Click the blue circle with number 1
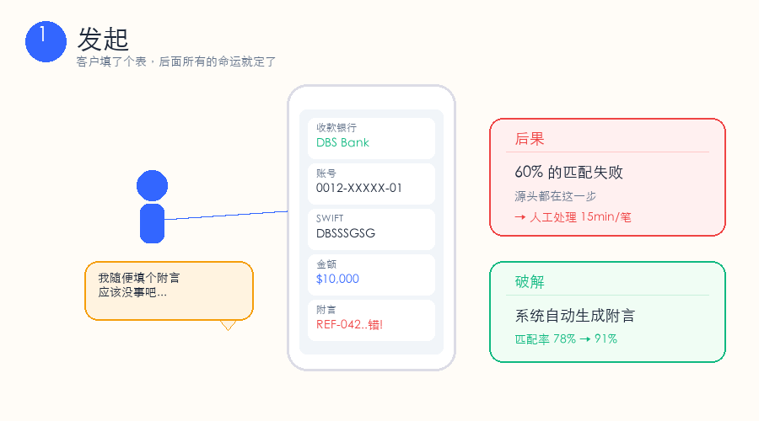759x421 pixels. (46, 41)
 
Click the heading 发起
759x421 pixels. (103, 39)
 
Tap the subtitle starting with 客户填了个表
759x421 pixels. (175, 61)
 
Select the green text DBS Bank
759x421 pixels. (342, 142)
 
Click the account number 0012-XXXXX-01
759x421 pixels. (358, 188)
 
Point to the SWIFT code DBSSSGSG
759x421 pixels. (346, 233)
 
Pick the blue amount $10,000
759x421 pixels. (337, 279)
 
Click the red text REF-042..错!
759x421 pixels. (349, 324)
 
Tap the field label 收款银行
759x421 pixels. (336, 128)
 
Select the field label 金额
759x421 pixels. (326, 264)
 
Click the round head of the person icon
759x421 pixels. (152, 185)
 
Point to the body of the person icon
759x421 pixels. (152, 223)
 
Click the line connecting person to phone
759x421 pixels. (226, 216)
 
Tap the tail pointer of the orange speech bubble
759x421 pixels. (228, 325)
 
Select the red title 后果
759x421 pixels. (530, 139)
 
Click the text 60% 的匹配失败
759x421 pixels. (568, 172)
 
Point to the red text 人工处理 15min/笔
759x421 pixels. (580, 217)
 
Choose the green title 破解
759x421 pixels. (530, 282)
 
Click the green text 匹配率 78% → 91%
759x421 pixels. (566, 339)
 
